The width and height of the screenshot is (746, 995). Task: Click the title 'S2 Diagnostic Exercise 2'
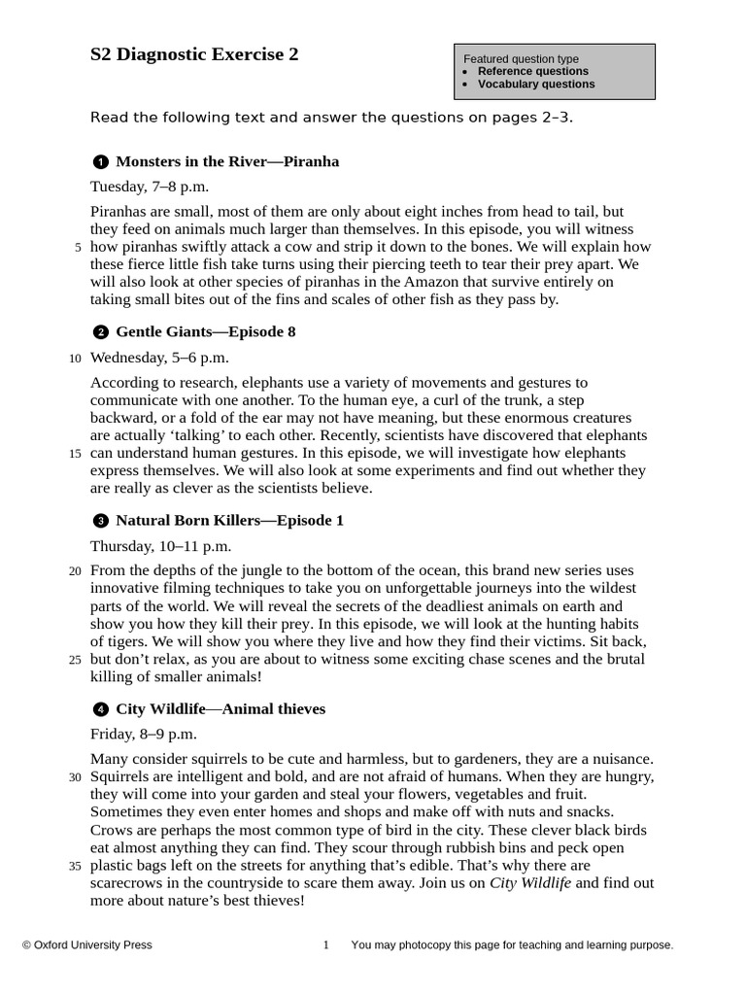[194, 55]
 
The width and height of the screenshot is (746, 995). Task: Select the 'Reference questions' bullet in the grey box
[532, 71]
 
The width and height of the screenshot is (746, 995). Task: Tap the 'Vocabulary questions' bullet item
[536, 84]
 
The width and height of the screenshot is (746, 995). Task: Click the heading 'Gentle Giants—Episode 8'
[205, 332]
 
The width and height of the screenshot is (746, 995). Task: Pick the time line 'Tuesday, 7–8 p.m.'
[150, 187]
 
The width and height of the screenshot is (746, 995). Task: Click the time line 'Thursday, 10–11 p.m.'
[160, 546]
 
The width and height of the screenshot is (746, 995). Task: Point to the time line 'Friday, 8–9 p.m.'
[144, 734]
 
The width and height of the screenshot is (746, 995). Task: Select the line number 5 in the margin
[78, 248]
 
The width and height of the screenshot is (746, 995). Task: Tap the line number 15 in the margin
[75, 454]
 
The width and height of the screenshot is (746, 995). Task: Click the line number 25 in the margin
[75, 661]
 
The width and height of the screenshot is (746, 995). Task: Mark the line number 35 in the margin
[75, 867]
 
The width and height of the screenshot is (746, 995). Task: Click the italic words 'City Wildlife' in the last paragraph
[530, 883]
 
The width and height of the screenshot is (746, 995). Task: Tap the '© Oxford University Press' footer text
[87, 944]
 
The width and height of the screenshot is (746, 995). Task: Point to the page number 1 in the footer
[326, 944]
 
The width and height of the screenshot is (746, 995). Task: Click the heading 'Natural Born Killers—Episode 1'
[229, 521]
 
